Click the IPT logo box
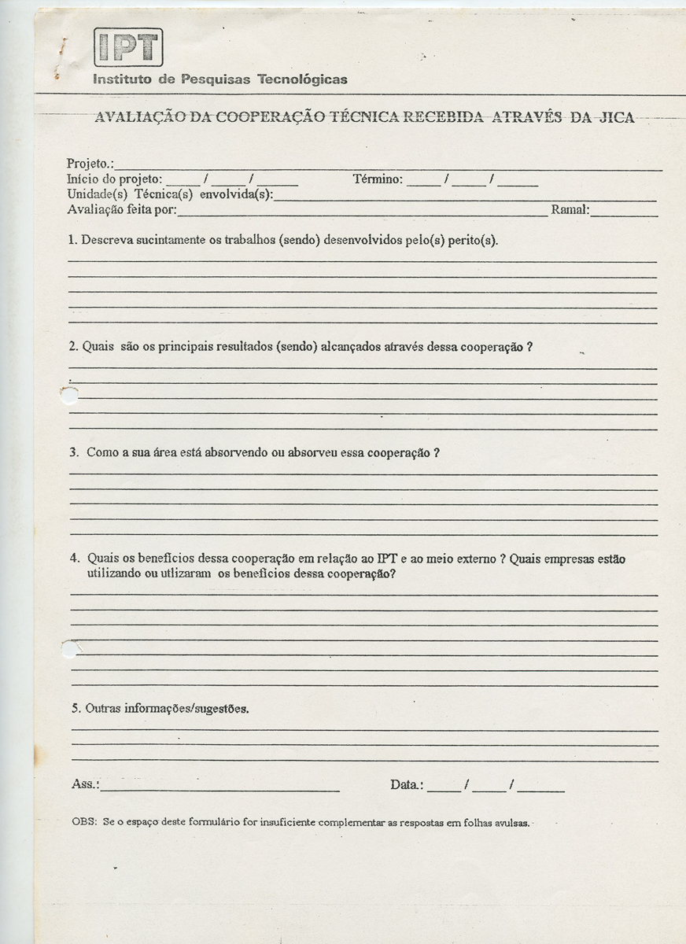coord(128,47)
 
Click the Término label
coord(378,179)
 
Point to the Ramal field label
coord(570,210)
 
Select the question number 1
coord(72,240)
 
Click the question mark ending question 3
coord(436,453)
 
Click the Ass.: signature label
coord(85,785)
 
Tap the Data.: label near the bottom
coord(407,785)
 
